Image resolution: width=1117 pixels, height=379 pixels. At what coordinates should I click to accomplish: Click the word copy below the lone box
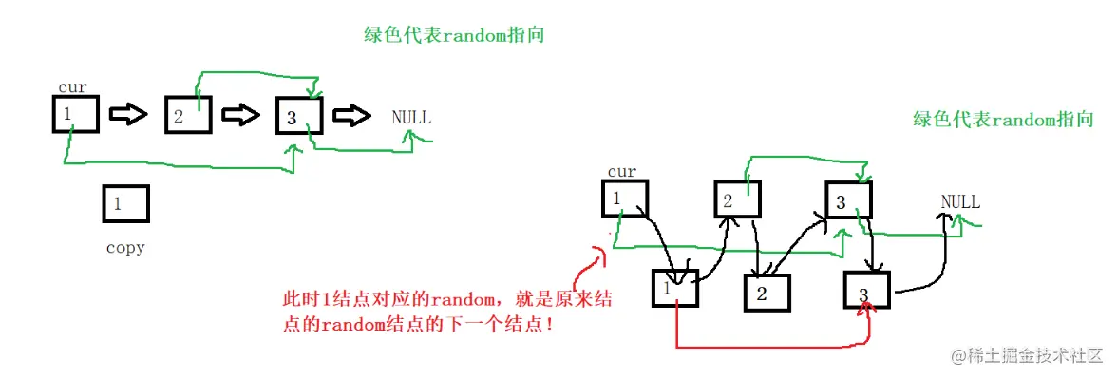click(x=125, y=248)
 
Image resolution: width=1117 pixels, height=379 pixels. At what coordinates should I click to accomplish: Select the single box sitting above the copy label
click(x=125, y=203)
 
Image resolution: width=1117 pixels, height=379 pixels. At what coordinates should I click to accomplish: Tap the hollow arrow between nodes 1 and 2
click(x=128, y=115)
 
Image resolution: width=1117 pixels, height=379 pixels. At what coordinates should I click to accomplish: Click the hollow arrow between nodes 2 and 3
click(x=240, y=115)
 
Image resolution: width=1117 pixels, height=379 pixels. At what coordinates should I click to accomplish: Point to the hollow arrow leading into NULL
click(x=353, y=115)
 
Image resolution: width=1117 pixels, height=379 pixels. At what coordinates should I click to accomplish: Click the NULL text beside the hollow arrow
click(x=411, y=118)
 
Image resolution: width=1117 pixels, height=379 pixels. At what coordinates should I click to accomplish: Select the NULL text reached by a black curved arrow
click(x=960, y=202)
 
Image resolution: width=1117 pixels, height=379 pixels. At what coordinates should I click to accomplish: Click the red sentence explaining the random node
click(x=447, y=311)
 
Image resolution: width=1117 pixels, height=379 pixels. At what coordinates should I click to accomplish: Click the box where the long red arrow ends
click(x=866, y=289)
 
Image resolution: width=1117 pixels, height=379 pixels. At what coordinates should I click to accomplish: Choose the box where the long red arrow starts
click(x=675, y=288)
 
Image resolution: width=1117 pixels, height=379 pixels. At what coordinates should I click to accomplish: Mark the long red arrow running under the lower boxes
click(x=760, y=346)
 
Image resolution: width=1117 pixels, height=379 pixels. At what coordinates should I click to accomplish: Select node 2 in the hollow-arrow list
click(x=187, y=116)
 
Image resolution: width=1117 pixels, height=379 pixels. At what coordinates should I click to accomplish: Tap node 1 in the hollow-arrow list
click(x=75, y=115)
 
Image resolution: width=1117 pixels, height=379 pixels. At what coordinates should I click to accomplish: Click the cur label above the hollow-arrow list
click(x=72, y=87)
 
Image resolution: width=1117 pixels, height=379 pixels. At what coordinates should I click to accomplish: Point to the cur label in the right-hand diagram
click(x=621, y=172)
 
